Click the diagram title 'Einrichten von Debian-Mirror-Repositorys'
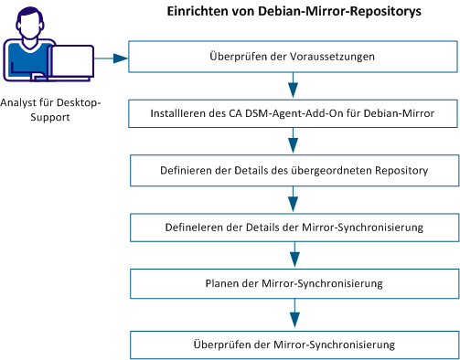tap(293, 14)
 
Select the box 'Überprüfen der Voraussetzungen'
tap(293, 57)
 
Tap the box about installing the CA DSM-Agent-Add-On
tap(293, 114)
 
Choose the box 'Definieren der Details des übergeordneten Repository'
tap(293, 171)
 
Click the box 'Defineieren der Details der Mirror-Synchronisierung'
tap(293, 227)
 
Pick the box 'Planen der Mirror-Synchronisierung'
tap(293, 283)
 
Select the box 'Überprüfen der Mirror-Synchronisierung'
tap(293, 344)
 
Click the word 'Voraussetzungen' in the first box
tap(337, 57)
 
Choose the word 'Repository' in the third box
tap(400, 171)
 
